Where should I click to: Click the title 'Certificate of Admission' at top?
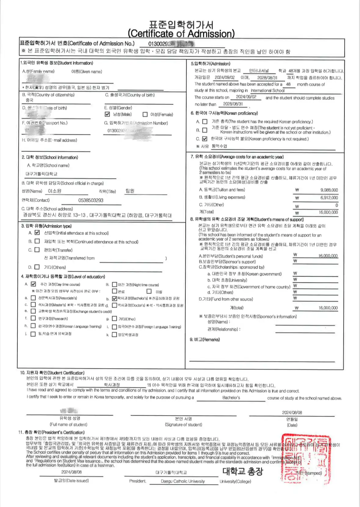click(x=181, y=33)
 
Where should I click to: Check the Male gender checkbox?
click(x=107, y=114)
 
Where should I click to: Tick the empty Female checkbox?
click(x=145, y=115)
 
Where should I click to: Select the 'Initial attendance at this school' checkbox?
click(x=37, y=233)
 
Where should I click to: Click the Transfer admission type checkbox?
click(x=37, y=250)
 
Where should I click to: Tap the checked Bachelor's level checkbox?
click(x=115, y=299)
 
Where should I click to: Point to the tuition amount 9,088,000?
click(x=329, y=190)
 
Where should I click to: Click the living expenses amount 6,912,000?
click(x=329, y=198)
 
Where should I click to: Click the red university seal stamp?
click(x=305, y=458)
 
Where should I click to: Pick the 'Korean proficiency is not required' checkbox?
click(x=205, y=139)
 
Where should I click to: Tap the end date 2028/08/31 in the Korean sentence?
click(x=267, y=78)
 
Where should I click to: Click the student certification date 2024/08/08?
click(x=292, y=412)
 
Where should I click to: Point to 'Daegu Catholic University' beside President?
click(x=183, y=481)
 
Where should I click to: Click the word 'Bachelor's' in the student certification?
click(x=231, y=398)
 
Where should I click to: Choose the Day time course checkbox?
click(x=34, y=284)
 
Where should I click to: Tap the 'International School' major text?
click(x=267, y=90)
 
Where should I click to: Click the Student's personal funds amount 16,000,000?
click(x=328, y=256)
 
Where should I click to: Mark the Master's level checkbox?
click(x=33, y=305)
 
